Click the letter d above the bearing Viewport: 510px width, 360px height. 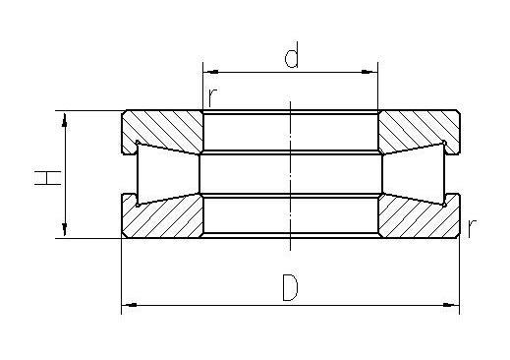click(291, 57)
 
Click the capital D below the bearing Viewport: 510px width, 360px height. click(290, 288)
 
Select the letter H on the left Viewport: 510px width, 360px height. click(45, 176)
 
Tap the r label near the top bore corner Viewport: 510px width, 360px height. click(211, 97)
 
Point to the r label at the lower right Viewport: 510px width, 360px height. click(473, 227)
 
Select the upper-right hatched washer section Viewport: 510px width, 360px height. click(418, 128)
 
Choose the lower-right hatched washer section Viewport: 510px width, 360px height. click(418, 218)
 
